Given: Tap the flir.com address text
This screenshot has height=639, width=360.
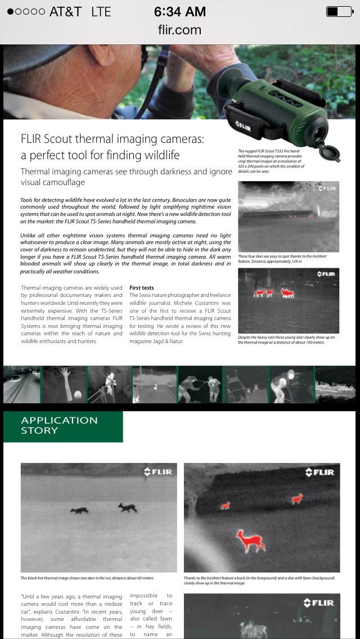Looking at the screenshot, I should pos(179,30).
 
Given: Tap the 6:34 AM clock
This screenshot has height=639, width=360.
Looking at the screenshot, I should pos(179,11).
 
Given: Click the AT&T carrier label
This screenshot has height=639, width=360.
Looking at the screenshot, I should pos(65,11).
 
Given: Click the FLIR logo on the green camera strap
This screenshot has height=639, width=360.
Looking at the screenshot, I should pos(243,124).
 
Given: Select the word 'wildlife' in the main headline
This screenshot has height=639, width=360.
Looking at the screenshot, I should pos(157,155).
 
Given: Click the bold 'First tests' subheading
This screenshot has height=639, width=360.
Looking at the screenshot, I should pos(142,288).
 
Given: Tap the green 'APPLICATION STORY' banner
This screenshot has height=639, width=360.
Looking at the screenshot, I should pos(62,425).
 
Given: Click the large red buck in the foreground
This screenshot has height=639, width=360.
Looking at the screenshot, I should pos(250,541).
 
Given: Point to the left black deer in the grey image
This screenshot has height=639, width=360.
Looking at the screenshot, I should pos(79,510).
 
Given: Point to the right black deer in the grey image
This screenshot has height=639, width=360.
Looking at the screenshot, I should pos(127,507).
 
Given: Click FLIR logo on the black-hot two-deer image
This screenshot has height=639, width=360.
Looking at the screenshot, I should pos(158,472).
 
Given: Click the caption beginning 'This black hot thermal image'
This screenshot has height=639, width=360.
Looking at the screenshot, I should pos(87,578).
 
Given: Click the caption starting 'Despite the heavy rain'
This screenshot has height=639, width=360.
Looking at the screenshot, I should pos(286,339).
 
